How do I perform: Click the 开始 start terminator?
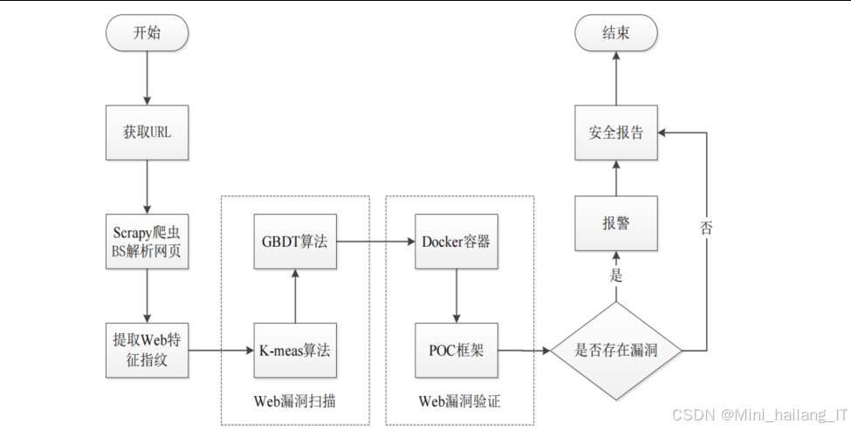coord(147,33)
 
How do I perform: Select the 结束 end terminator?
coord(615,33)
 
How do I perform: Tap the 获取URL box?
coord(147,133)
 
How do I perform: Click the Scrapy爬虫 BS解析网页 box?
coord(147,242)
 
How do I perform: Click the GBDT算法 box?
coord(295,242)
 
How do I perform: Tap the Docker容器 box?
coord(456,242)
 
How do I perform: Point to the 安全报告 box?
coord(615,133)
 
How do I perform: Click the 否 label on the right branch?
coord(705,229)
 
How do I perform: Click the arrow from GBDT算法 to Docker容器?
coord(374,242)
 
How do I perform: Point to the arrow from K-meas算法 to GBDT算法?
coord(295,296)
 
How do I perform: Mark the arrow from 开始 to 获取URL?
coord(147,78)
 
